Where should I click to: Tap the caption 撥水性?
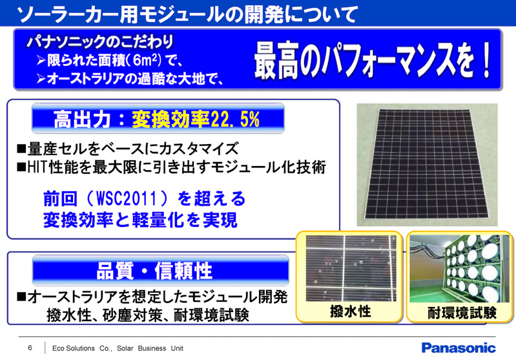tap(349, 312)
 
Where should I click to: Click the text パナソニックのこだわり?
tap(99, 43)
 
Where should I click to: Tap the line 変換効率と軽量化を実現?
tap(139, 218)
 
